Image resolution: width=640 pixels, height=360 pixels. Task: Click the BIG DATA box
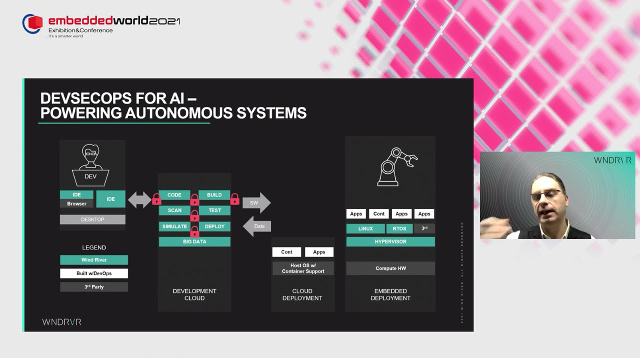194,241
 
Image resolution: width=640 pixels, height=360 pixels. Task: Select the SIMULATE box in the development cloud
174,226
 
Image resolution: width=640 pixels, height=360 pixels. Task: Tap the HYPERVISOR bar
390,241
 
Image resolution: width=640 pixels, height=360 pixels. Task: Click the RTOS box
399,228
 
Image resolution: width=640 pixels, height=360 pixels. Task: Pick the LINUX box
365,228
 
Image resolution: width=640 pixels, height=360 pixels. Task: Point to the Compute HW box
390,268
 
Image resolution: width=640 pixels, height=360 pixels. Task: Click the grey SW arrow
256,202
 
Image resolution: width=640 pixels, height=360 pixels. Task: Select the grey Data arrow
257,226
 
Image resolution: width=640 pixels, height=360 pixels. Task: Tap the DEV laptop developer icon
90,165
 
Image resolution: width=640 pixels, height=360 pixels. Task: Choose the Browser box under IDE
76,203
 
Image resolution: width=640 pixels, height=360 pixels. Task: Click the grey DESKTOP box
92,219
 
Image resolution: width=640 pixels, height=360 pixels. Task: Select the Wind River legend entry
94,260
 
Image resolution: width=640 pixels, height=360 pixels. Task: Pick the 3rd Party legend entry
94,287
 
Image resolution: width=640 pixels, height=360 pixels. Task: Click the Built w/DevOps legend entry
94,273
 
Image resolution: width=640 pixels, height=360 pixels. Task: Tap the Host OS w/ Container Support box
303,268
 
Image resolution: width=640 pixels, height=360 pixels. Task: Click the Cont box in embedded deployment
379,214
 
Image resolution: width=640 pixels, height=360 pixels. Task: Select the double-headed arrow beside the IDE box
139,200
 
